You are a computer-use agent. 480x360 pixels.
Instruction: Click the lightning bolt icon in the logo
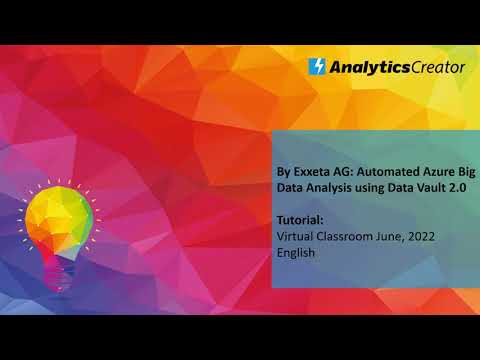tap(318, 67)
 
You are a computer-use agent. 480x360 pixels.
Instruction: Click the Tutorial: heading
tap(300, 218)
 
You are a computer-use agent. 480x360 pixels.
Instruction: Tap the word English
tap(296, 252)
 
